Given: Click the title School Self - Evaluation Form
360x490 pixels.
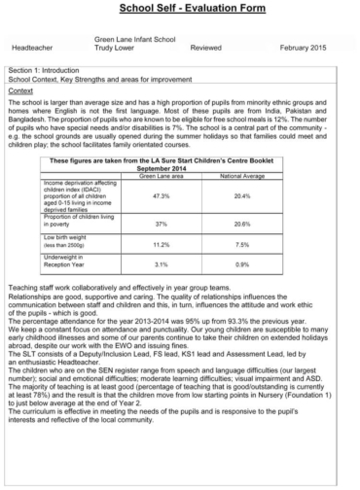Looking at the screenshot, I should [x=179, y=10].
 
